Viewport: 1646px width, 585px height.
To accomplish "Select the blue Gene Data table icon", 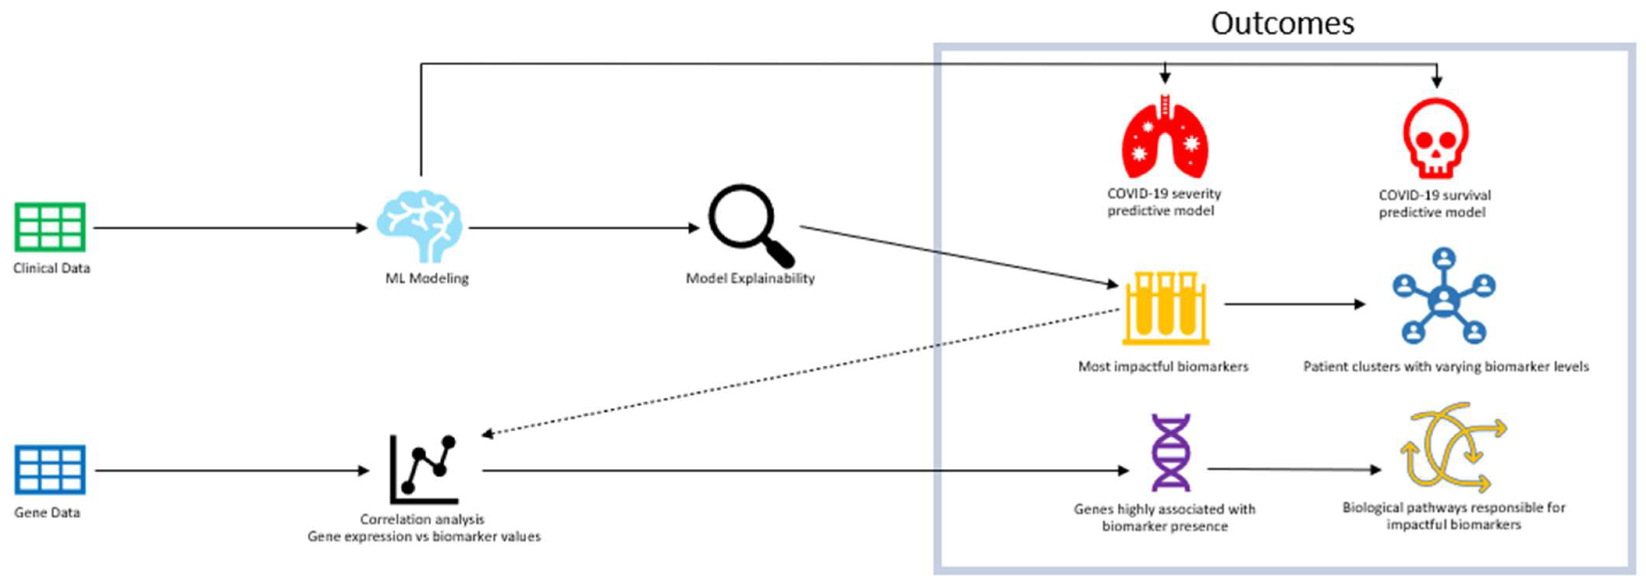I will coord(50,470).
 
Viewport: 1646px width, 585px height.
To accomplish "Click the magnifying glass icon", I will coord(749,224).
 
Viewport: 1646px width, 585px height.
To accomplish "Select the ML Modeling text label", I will coord(427,278).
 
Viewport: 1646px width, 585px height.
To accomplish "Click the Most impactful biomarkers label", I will coord(1163,366).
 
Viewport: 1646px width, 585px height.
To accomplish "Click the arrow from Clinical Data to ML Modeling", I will coord(230,228).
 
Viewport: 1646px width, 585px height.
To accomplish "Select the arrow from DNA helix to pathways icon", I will coord(1294,469).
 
